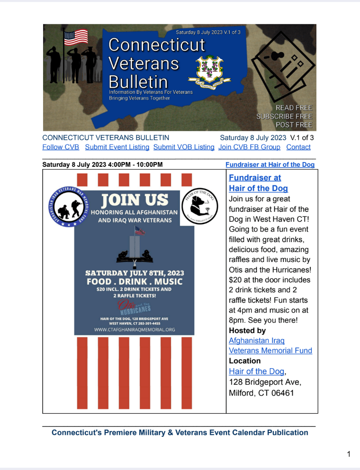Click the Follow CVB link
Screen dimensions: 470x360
61,147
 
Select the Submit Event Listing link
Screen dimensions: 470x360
117,147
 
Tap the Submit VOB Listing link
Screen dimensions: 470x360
184,147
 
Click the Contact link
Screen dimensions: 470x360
298,147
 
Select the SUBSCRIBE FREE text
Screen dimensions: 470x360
284,116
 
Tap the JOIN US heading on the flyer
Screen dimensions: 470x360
135,199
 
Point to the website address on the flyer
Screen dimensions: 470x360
134,329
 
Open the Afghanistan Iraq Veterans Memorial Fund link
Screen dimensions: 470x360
270,345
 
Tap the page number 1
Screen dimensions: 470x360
349,455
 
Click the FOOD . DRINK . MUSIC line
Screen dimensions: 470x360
134,281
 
